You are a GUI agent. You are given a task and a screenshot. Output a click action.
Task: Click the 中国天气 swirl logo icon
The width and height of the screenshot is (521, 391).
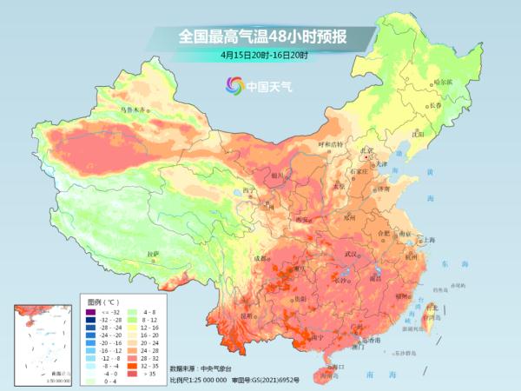point(233,85)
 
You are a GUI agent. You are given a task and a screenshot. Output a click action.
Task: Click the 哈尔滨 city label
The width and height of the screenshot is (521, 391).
point(443,82)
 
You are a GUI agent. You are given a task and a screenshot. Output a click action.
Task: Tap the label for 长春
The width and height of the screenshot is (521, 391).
point(440,105)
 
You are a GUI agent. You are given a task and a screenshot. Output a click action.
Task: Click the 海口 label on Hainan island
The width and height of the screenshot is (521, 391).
point(338,368)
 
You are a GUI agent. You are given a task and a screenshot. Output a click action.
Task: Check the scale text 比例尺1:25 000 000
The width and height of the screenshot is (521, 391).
point(198,380)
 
